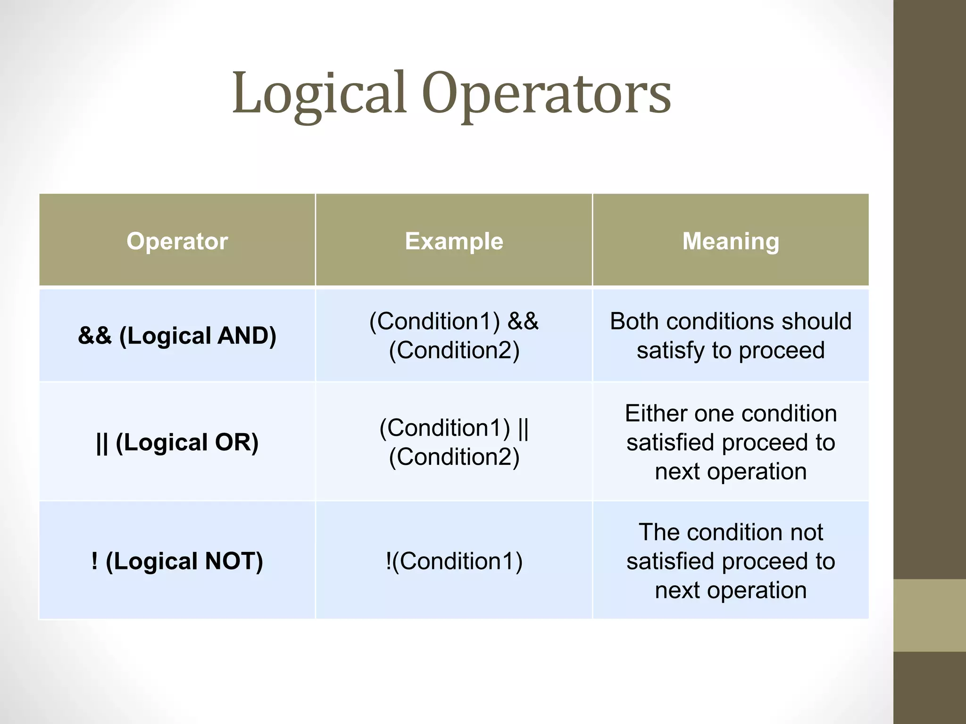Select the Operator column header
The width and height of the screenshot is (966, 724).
pos(177,241)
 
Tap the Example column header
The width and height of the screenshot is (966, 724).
pos(454,241)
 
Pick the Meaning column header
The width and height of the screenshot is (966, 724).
pos(731,241)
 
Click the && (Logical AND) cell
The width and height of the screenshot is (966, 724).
pos(177,336)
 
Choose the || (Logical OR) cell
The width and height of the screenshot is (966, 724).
pos(177,442)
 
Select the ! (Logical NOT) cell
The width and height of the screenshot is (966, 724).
pos(177,561)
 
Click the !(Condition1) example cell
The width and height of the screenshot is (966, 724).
pos(454,561)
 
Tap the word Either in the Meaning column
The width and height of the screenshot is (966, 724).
pos(655,413)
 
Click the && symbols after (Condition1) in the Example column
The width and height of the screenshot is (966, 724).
pos(523,321)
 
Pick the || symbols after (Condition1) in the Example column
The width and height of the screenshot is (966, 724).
pos(523,428)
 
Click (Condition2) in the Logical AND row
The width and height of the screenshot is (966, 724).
pos(454,350)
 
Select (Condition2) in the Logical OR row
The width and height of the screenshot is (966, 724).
pos(454,457)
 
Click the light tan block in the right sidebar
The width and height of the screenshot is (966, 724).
pos(929,615)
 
